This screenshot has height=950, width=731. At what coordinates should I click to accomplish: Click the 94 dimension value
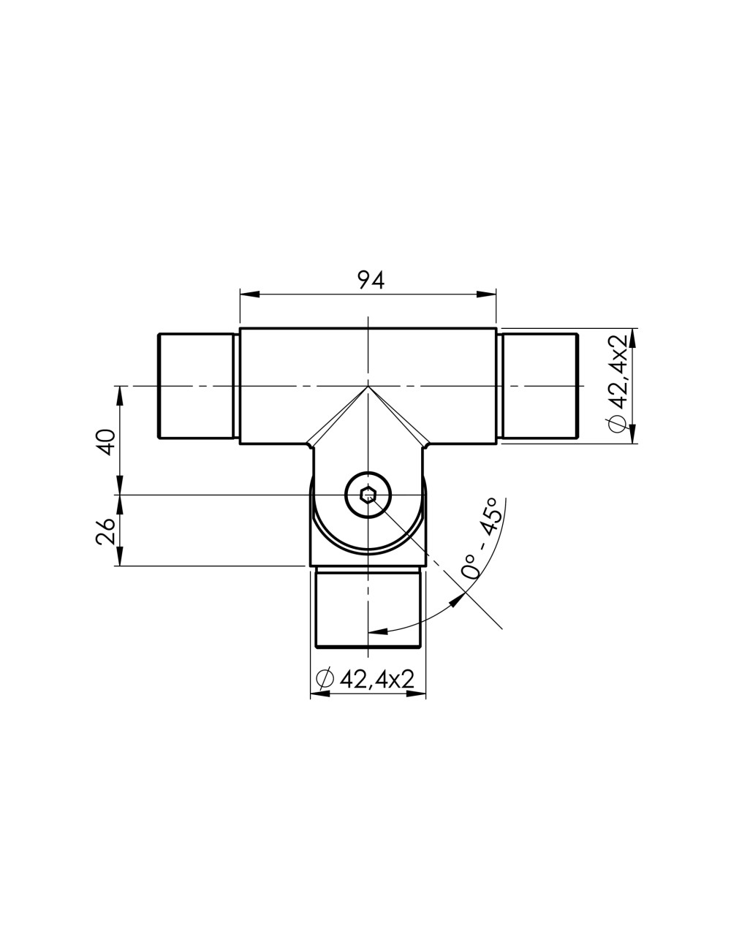coord(368,279)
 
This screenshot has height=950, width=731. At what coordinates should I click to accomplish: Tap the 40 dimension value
coord(107,442)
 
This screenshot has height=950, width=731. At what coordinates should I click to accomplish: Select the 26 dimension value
coord(107,532)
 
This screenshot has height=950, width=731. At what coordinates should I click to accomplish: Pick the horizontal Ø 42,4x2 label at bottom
coord(365,679)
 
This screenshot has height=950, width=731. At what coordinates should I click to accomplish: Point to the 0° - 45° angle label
coord(482,539)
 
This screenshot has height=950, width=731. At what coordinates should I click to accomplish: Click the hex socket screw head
coord(368,495)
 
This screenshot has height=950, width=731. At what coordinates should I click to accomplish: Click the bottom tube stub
coord(368,608)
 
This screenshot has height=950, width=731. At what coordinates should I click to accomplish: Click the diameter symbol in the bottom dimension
coord(324,679)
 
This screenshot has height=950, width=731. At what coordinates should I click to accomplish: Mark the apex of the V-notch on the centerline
coord(368,386)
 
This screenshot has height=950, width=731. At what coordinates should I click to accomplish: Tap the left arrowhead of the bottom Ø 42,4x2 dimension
coord(319,694)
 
